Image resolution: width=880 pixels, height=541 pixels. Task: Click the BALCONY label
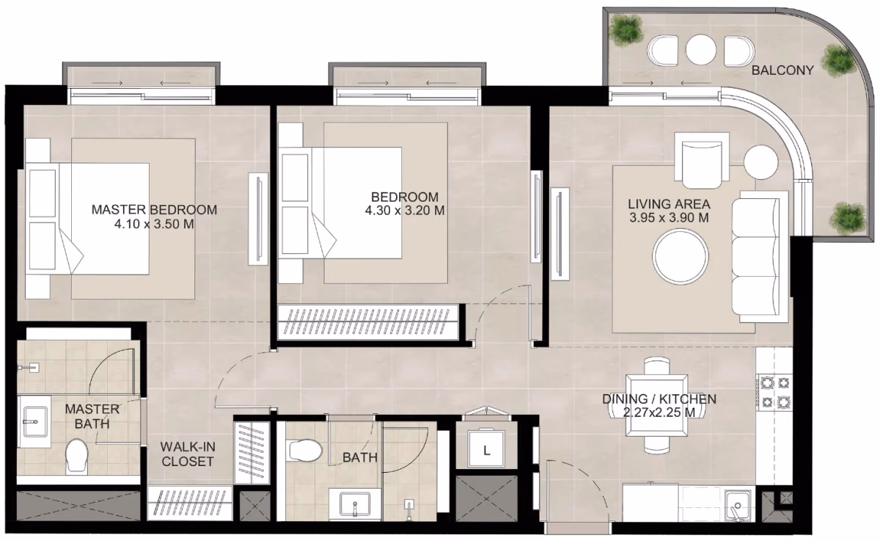pyautogui.click(x=782, y=70)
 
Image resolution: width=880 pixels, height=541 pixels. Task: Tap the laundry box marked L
pyautogui.click(x=486, y=448)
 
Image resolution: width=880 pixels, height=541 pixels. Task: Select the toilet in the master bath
pyautogui.click(x=76, y=456)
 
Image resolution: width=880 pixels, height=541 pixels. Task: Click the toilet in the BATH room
pyautogui.click(x=305, y=451)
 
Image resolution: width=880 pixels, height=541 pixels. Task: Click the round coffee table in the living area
pyautogui.click(x=681, y=257)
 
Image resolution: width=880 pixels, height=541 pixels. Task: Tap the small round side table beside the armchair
pyautogui.click(x=761, y=162)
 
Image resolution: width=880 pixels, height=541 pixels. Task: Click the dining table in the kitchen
pyautogui.click(x=657, y=405)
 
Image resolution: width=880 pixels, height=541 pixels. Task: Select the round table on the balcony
pyautogui.click(x=700, y=51)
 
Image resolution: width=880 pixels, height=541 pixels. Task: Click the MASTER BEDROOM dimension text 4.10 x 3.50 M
pyautogui.click(x=154, y=224)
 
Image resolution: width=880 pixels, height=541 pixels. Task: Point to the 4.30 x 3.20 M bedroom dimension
pyautogui.click(x=405, y=211)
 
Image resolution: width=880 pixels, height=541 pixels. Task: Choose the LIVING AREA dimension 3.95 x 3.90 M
pyautogui.click(x=669, y=217)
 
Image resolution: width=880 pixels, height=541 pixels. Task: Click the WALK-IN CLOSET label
pyautogui.click(x=188, y=454)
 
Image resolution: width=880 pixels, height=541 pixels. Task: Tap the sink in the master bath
pyautogui.click(x=35, y=422)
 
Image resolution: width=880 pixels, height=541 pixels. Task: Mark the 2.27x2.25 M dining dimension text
pyautogui.click(x=659, y=413)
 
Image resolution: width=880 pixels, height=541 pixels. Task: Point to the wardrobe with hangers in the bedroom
pyautogui.click(x=368, y=322)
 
